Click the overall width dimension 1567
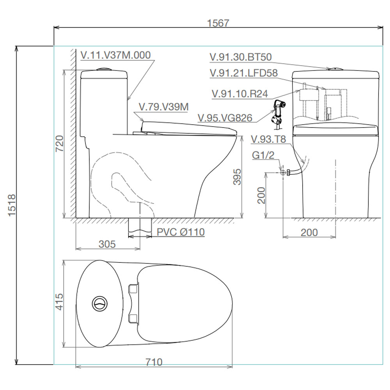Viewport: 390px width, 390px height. [218, 23]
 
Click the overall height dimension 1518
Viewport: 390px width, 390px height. [12, 205]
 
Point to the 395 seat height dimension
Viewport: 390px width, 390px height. [237, 177]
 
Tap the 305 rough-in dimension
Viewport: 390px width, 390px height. [107, 244]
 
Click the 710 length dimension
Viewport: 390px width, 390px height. [154, 362]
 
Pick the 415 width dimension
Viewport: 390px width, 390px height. [59, 302]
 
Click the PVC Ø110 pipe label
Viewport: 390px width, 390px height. [181, 232]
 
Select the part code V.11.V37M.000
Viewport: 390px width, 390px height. [116, 55]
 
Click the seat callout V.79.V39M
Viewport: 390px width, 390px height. [164, 107]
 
